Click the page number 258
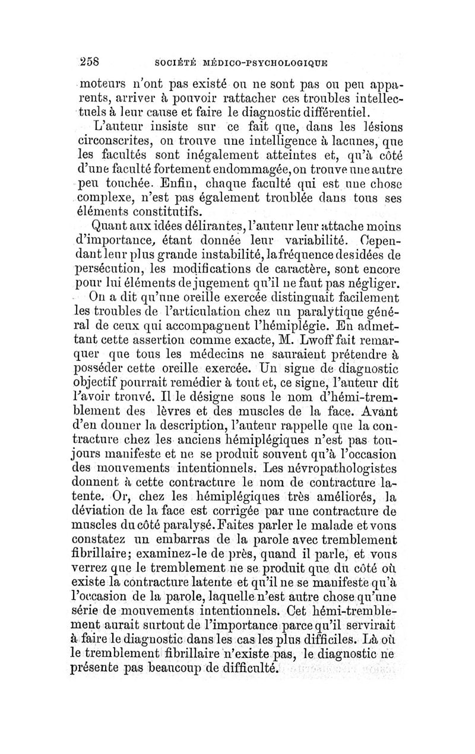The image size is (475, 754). coord(89,61)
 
